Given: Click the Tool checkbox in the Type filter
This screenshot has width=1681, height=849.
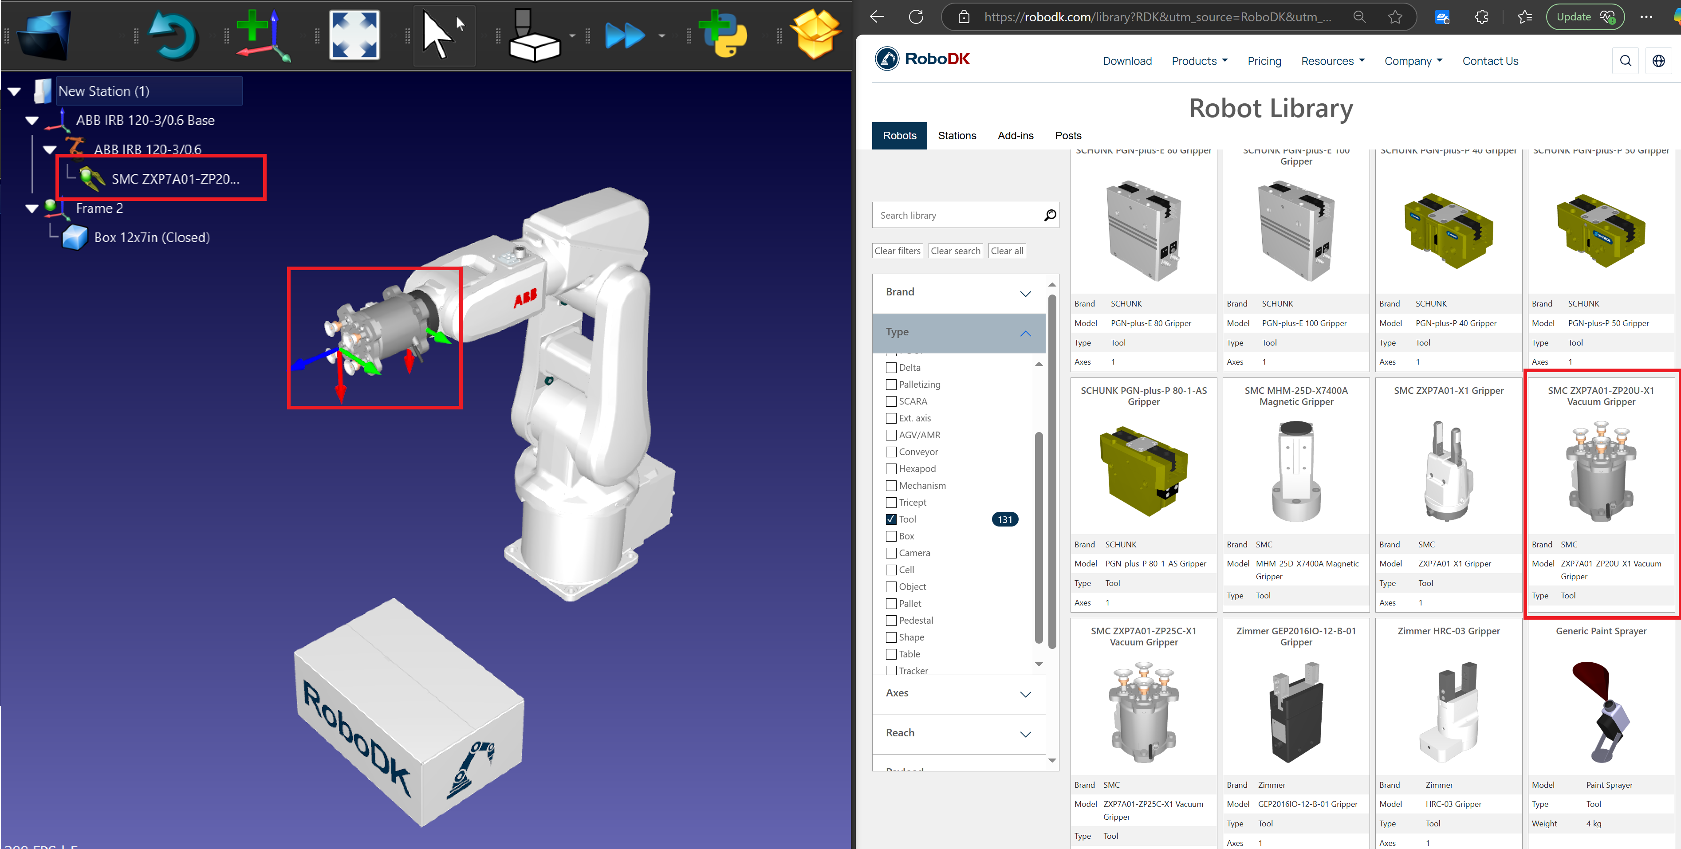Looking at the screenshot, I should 891,519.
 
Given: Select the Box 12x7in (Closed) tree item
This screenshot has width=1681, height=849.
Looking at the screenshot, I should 151,238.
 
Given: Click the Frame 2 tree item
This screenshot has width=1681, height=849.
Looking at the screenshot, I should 99,208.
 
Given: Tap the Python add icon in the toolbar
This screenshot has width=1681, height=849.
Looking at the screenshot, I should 723,35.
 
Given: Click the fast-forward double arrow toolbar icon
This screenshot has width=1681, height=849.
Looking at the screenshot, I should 625,35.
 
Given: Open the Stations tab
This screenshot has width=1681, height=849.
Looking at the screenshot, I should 957,136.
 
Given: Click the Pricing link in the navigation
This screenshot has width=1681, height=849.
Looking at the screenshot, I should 1264,61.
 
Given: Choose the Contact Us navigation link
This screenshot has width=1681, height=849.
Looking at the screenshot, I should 1490,61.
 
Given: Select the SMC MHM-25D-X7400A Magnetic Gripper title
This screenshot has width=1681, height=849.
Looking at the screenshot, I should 1296,396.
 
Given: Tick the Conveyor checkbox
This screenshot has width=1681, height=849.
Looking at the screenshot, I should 891,452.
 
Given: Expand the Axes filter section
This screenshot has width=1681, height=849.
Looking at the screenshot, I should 959,693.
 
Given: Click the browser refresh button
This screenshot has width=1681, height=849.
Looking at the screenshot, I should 916,17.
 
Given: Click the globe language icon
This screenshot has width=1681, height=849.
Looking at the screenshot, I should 1658,61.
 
